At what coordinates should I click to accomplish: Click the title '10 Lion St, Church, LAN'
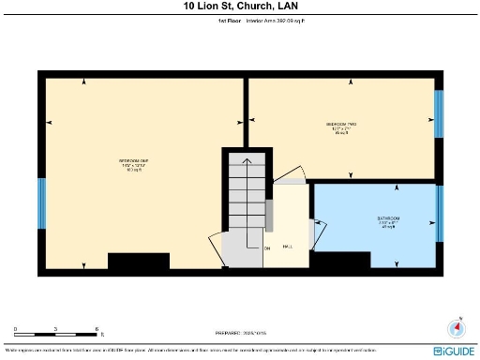click(x=239, y=6)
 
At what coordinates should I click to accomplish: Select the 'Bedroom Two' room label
click(x=340, y=127)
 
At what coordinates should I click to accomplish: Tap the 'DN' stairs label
click(x=266, y=247)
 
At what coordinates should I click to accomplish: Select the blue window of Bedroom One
click(x=41, y=203)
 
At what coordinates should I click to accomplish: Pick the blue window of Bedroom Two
click(x=438, y=114)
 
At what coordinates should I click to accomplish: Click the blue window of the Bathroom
click(x=438, y=214)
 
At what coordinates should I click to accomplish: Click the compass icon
click(x=458, y=328)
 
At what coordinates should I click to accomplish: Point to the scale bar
click(x=56, y=334)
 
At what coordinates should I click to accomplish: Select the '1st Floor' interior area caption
click(x=239, y=19)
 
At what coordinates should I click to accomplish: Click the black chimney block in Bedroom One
click(x=139, y=261)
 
